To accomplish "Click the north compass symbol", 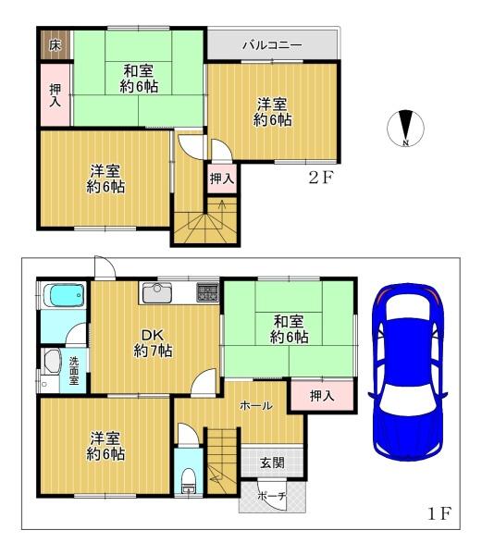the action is [x=406, y=129].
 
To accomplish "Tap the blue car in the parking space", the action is [x=408, y=372].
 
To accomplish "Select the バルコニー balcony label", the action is [x=272, y=45].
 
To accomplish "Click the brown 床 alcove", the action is [x=56, y=45].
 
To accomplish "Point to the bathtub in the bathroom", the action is [x=63, y=295].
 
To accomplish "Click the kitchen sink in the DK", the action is [x=157, y=293].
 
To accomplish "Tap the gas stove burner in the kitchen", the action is [x=208, y=292].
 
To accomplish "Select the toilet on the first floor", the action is [x=189, y=480].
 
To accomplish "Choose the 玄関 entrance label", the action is [x=272, y=462].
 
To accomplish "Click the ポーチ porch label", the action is [x=271, y=496].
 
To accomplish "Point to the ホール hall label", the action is [x=256, y=406].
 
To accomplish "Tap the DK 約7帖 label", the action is [x=154, y=342].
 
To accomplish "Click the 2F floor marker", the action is [x=321, y=178].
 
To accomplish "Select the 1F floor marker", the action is [x=439, y=513].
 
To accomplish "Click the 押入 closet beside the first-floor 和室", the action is [x=322, y=395].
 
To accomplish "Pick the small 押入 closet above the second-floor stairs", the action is [x=222, y=179].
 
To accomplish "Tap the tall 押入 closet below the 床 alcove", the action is [x=56, y=94].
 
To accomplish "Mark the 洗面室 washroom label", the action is [x=74, y=371].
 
